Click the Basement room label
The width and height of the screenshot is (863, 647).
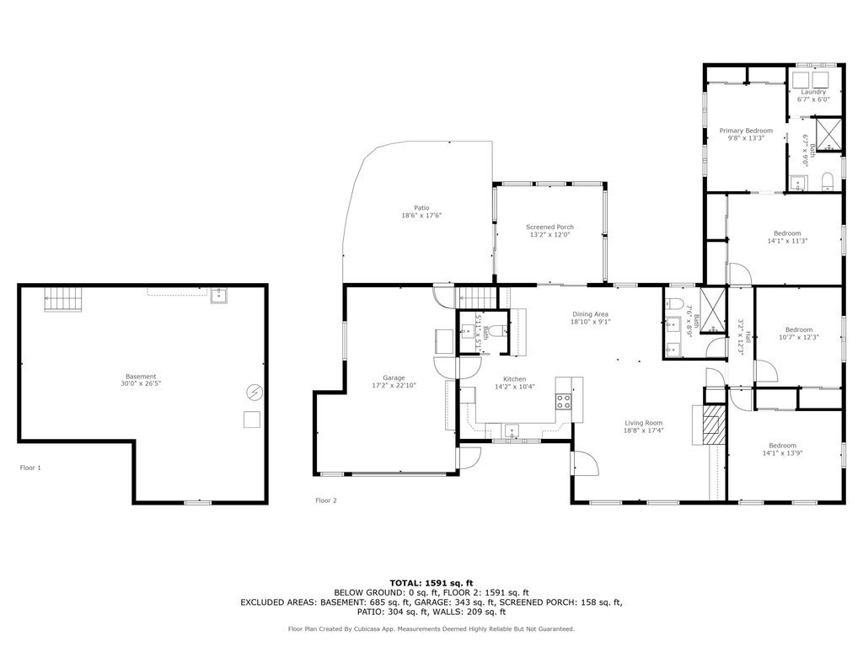click(x=141, y=377)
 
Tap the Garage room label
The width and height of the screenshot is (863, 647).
click(x=394, y=378)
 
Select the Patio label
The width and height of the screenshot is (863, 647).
click(x=421, y=208)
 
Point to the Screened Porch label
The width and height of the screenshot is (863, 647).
click(x=549, y=227)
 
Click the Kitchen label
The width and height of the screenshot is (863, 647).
click(x=515, y=379)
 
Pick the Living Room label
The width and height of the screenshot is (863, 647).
click(x=644, y=423)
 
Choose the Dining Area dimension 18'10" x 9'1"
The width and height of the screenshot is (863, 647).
click(x=591, y=322)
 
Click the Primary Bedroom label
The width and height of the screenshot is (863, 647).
click(x=747, y=131)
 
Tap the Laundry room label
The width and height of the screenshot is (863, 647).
click(x=813, y=93)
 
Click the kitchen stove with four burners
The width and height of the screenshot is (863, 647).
click(x=563, y=401)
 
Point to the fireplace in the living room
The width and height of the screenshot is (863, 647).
click(x=713, y=425)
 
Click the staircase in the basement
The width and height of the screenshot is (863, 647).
click(x=62, y=299)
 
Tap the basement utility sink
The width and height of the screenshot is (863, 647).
click(x=219, y=296)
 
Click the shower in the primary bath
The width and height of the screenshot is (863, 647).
click(x=829, y=134)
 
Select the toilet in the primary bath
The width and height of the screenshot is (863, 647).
click(x=828, y=182)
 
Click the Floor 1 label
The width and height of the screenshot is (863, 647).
click(x=30, y=468)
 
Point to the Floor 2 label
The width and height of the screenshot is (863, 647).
click(x=326, y=500)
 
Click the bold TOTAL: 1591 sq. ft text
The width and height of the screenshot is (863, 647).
click(x=431, y=583)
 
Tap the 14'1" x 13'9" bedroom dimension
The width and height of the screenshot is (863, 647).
click(x=783, y=453)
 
